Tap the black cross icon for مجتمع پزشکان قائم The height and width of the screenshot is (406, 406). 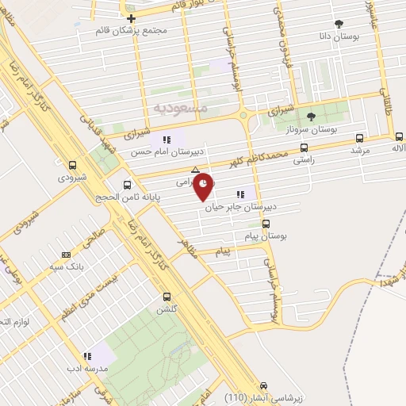click(131, 17)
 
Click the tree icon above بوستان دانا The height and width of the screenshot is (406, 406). click(339, 23)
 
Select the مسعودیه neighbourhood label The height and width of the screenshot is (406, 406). click(179, 106)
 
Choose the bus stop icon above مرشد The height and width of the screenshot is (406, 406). click(361, 136)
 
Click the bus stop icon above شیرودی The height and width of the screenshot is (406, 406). click(73, 166)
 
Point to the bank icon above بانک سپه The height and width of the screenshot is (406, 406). click(65, 255)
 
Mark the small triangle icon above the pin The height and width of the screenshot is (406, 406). click(195, 169)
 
